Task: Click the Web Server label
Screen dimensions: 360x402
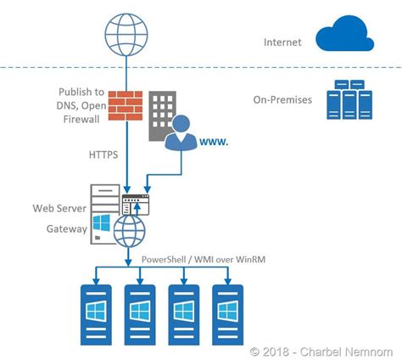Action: pyautogui.click(x=60, y=207)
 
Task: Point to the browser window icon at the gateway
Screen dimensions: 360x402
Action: pyautogui.click(x=134, y=205)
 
